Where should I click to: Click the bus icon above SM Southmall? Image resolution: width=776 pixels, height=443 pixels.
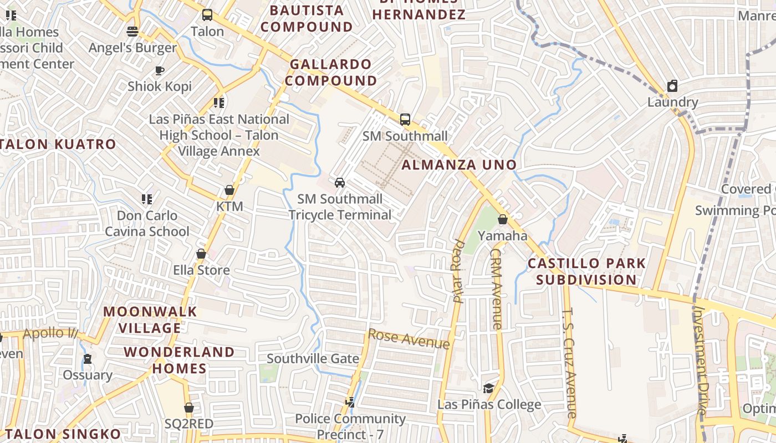(x=405, y=120)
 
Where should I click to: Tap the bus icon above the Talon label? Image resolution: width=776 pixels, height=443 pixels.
(x=207, y=15)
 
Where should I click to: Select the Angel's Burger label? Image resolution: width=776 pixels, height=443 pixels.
(x=132, y=48)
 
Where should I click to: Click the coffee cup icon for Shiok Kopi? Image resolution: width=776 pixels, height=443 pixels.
(x=160, y=70)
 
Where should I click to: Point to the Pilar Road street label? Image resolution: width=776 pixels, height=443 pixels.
(x=458, y=271)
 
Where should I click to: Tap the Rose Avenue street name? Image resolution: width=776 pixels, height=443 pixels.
(x=409, y=339)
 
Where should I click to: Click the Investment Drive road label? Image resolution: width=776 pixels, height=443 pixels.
(x=701, y=360)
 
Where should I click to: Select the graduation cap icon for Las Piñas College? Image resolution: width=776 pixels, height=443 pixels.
(x=488, y=388)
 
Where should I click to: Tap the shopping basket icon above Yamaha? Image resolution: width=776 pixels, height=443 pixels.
(x=503, y=219)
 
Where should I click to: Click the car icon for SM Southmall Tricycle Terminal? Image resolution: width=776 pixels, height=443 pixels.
(x=340, y=182)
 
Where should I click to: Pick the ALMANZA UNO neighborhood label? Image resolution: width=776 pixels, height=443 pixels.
(x=459, y=164)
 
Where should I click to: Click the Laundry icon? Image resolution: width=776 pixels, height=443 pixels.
(x=672, y=86)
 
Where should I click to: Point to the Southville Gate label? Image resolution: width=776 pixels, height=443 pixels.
(x=313, y=358)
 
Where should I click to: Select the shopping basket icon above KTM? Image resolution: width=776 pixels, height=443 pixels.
(x=229, y=190)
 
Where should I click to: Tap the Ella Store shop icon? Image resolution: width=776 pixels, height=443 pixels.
(x=201, y=254)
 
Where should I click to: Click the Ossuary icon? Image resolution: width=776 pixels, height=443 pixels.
(x=88, y=359)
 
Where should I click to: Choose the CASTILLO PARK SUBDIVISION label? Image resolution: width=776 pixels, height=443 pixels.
(x=586, y=271)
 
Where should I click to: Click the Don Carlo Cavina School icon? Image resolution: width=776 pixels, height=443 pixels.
(x=147, y=199)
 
